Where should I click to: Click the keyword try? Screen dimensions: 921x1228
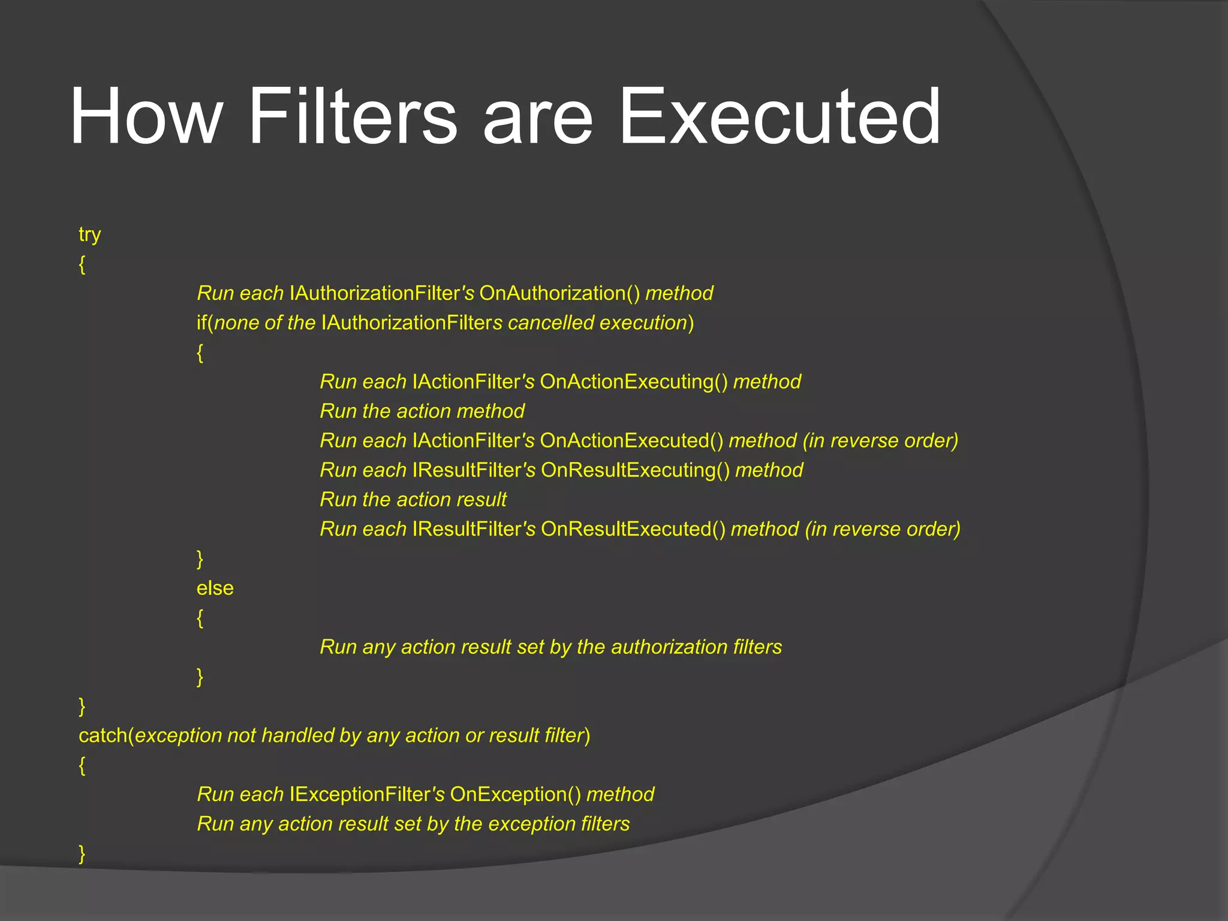tap(89, 234)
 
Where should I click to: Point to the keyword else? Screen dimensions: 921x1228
tap(215, 588)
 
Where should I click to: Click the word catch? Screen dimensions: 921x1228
tap(103, 736)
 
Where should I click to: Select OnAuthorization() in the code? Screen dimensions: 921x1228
tap(559, 293)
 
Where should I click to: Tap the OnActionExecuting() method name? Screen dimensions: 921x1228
tap(633, 382)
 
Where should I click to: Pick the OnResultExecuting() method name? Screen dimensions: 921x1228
tap(635, 470)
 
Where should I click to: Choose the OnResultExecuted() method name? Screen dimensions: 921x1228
tap(633, 529)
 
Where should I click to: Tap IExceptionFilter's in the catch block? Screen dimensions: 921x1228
tap(366, 794)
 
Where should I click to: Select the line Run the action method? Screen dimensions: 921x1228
tap(422, 411)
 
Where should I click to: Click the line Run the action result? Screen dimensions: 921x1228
tap(413, 499)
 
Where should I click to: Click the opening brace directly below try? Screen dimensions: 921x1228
tap(82, 264)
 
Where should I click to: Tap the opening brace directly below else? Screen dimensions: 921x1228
tap(200, 618)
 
